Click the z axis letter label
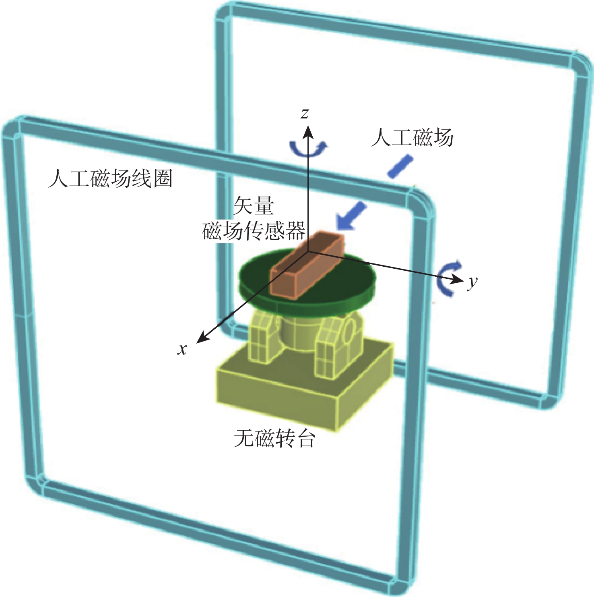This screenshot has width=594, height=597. click(x=305, y=114)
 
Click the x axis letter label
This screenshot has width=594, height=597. click(x=182, y=349)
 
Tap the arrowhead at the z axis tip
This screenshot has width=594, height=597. click(x=308, y=131)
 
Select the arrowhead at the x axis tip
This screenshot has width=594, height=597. click(x=202, y=338)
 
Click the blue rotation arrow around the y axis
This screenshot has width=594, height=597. click(x=448, y=278)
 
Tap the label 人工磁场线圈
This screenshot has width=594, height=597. click(x=110, y=178)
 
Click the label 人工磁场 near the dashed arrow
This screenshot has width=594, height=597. click(x=412, y=137)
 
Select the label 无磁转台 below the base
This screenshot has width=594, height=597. click(x=274, y=438)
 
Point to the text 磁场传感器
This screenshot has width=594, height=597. click(x=254, y=231)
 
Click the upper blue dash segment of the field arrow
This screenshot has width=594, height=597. click(x=400, y=167)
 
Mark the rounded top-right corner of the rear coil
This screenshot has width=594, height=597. click(x=580, y=64)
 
